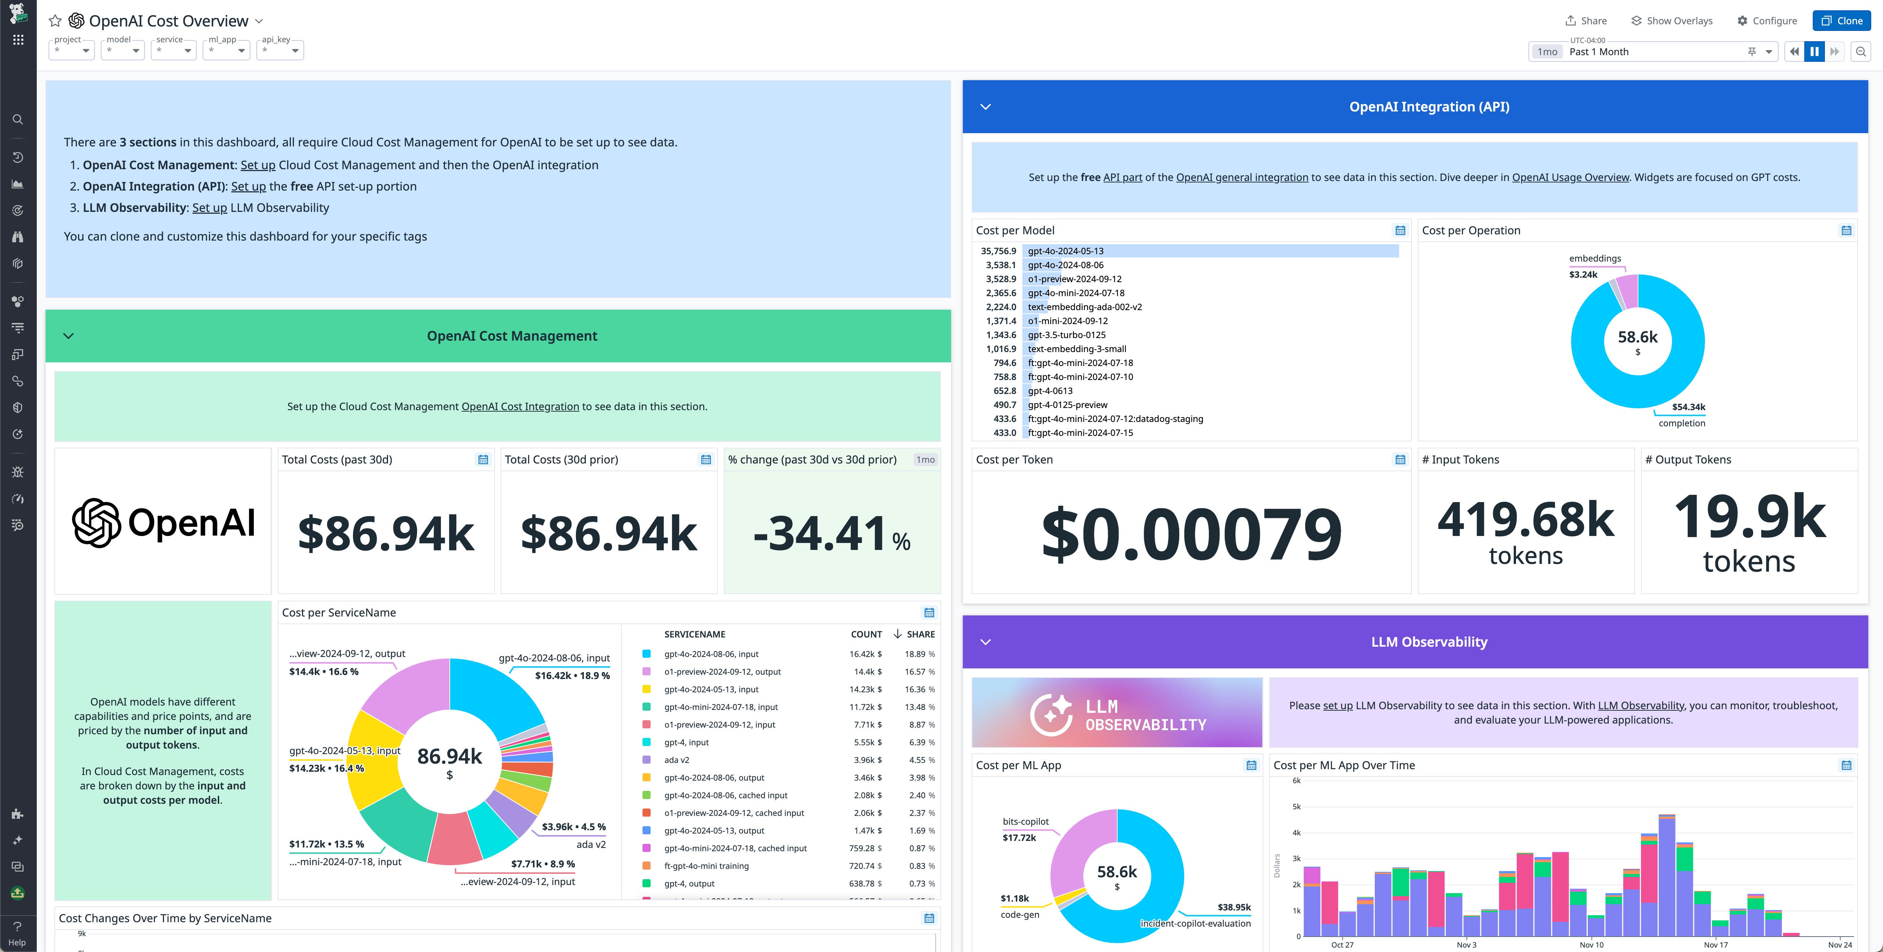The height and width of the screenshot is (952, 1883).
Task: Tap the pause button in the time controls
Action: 1814,51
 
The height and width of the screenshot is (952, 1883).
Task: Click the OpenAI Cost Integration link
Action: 520,406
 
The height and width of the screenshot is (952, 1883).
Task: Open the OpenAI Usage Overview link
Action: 1570,177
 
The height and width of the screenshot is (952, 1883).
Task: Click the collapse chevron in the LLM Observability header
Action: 985,642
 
